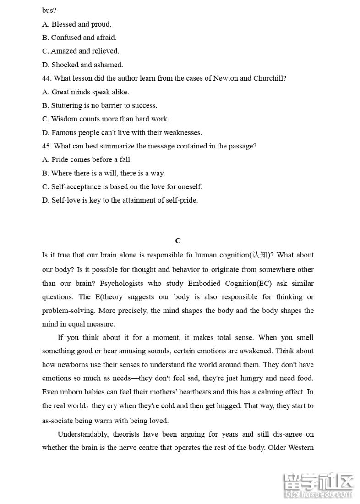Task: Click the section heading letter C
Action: click(x=178, y=241)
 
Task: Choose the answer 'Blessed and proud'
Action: click(x=81, y=24)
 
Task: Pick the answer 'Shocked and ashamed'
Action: click(x=87, y=65)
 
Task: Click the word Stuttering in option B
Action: click(x=66, y=105)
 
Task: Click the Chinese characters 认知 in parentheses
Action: click(x=259, y=255)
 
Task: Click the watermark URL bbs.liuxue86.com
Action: click(x=319, y=495)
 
